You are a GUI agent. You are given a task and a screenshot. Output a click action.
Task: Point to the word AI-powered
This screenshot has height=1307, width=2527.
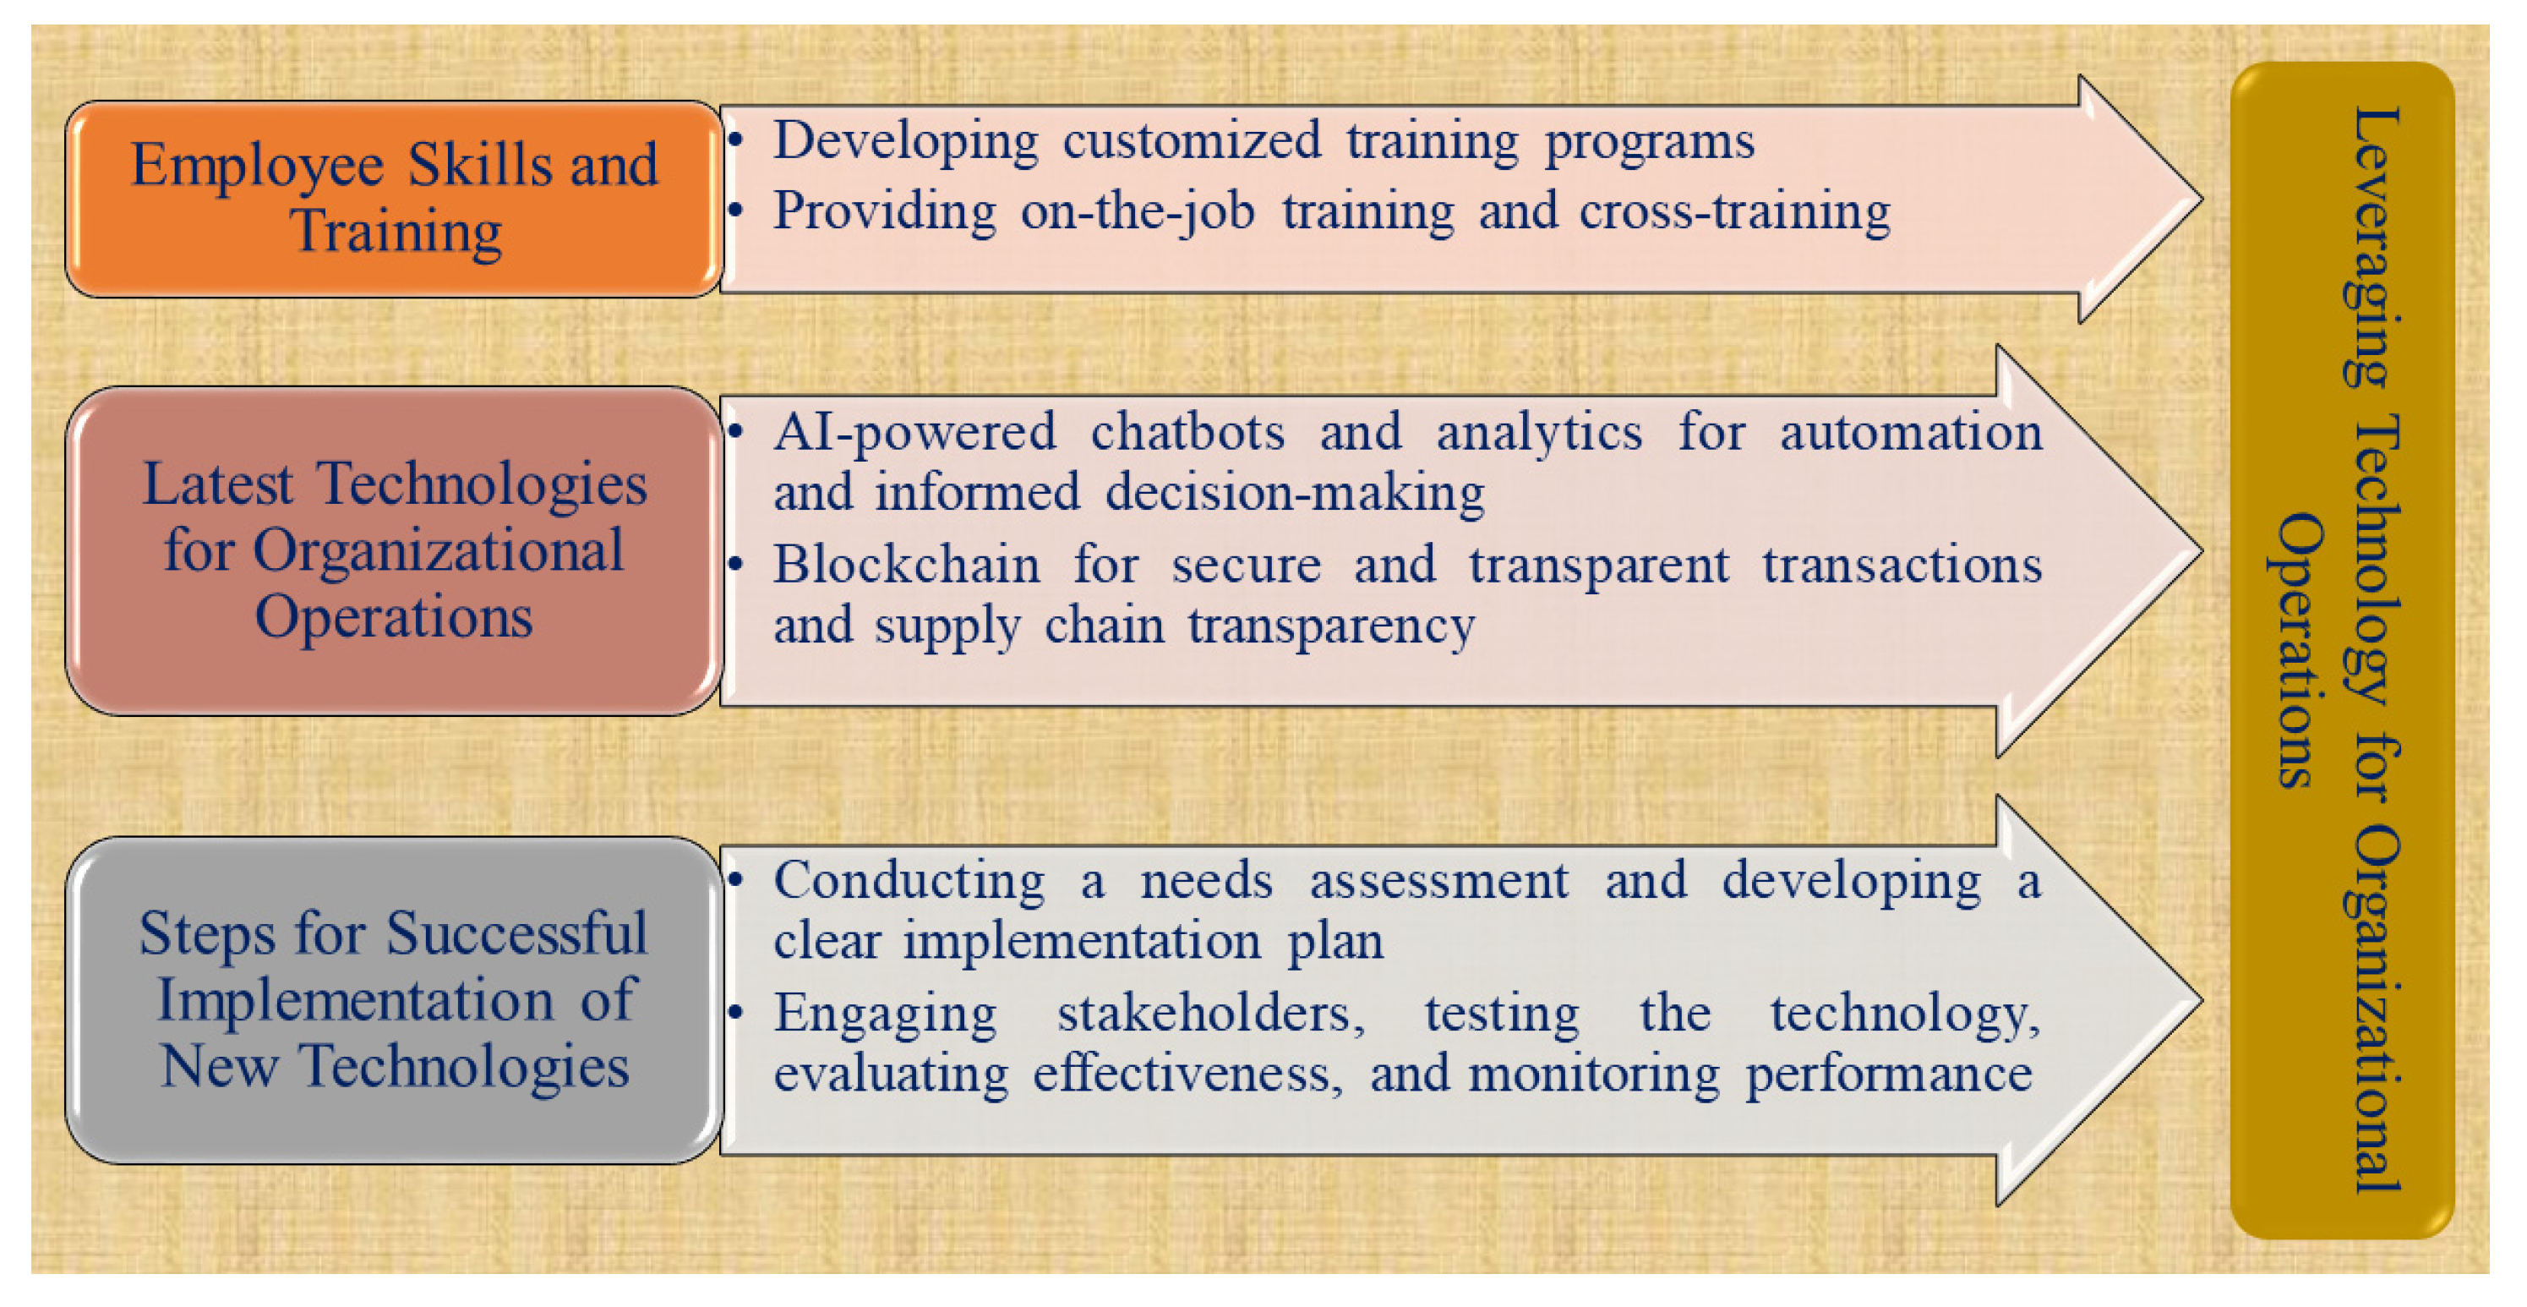point(914,434)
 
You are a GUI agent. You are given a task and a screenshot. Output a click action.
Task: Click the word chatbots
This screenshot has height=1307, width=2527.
point(1187,432)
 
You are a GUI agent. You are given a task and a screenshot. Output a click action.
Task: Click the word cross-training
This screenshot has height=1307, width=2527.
point(1734,213)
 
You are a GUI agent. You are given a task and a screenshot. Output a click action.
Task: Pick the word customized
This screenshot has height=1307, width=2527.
point(1192,140)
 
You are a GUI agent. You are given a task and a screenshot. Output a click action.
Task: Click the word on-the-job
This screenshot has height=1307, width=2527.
point(1137,213)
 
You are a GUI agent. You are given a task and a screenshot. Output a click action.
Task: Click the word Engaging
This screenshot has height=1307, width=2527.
point(885,1014)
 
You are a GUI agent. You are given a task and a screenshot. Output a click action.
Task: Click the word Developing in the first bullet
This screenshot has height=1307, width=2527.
point(905,142)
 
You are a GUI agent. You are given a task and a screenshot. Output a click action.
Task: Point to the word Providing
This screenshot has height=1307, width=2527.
point(885,213)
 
